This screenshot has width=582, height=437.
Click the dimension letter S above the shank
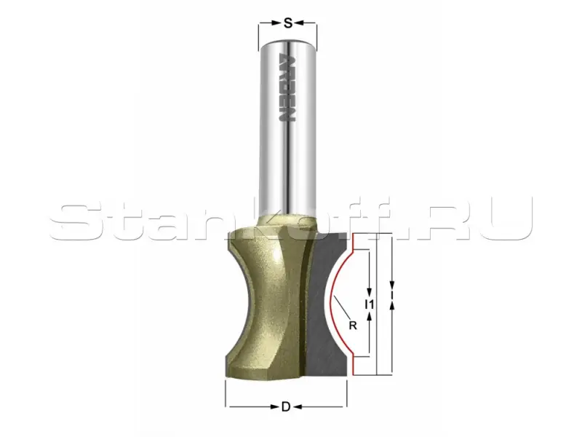pos(287,23)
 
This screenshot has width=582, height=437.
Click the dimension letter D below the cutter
pos(285,407)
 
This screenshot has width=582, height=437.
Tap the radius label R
pos(353,326)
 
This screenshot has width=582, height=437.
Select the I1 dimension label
pos(370,304)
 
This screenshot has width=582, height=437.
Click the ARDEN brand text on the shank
pos(286,89)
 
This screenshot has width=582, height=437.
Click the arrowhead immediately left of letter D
pos(275,407)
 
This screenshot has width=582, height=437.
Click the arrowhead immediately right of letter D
pos(296,407)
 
